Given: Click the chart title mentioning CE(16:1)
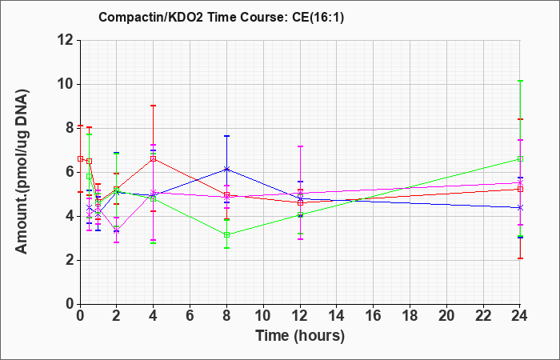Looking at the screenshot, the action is click(x=222, y=17).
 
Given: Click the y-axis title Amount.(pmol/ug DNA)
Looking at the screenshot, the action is click(x=22, y=172).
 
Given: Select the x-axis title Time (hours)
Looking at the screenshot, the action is click(x=300, y=336).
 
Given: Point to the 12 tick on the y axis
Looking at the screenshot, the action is click(x=68, y=40).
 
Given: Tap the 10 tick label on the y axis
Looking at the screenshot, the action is click(x=68, y=84).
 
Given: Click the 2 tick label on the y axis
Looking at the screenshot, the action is click(x=71, y=260).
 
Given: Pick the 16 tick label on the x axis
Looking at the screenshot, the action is click(x=374, y=316).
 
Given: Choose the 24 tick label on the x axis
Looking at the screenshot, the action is click(x=520, y=316).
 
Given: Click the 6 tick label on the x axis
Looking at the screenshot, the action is click(x=190, y=316).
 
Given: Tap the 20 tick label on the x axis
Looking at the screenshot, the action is click(x=446, y=316).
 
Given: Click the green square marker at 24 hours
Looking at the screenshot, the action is click(x=520, y=159).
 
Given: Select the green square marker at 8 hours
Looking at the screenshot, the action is click(x=226, y=235).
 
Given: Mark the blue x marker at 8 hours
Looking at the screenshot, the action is click(x=226, y=169).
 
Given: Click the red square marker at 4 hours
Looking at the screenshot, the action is click(x=154, y=158).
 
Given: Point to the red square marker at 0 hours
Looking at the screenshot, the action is click(x=80, y=158).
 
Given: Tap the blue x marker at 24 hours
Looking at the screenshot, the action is click(x=520, y=207).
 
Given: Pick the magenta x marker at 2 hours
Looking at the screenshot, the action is click(x=117, y=230).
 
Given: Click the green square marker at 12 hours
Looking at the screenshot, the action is click(x=300, y=215).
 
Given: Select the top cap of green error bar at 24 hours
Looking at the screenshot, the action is click(x=520, y=81).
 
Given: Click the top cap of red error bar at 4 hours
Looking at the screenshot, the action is click(x=154, y=106).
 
